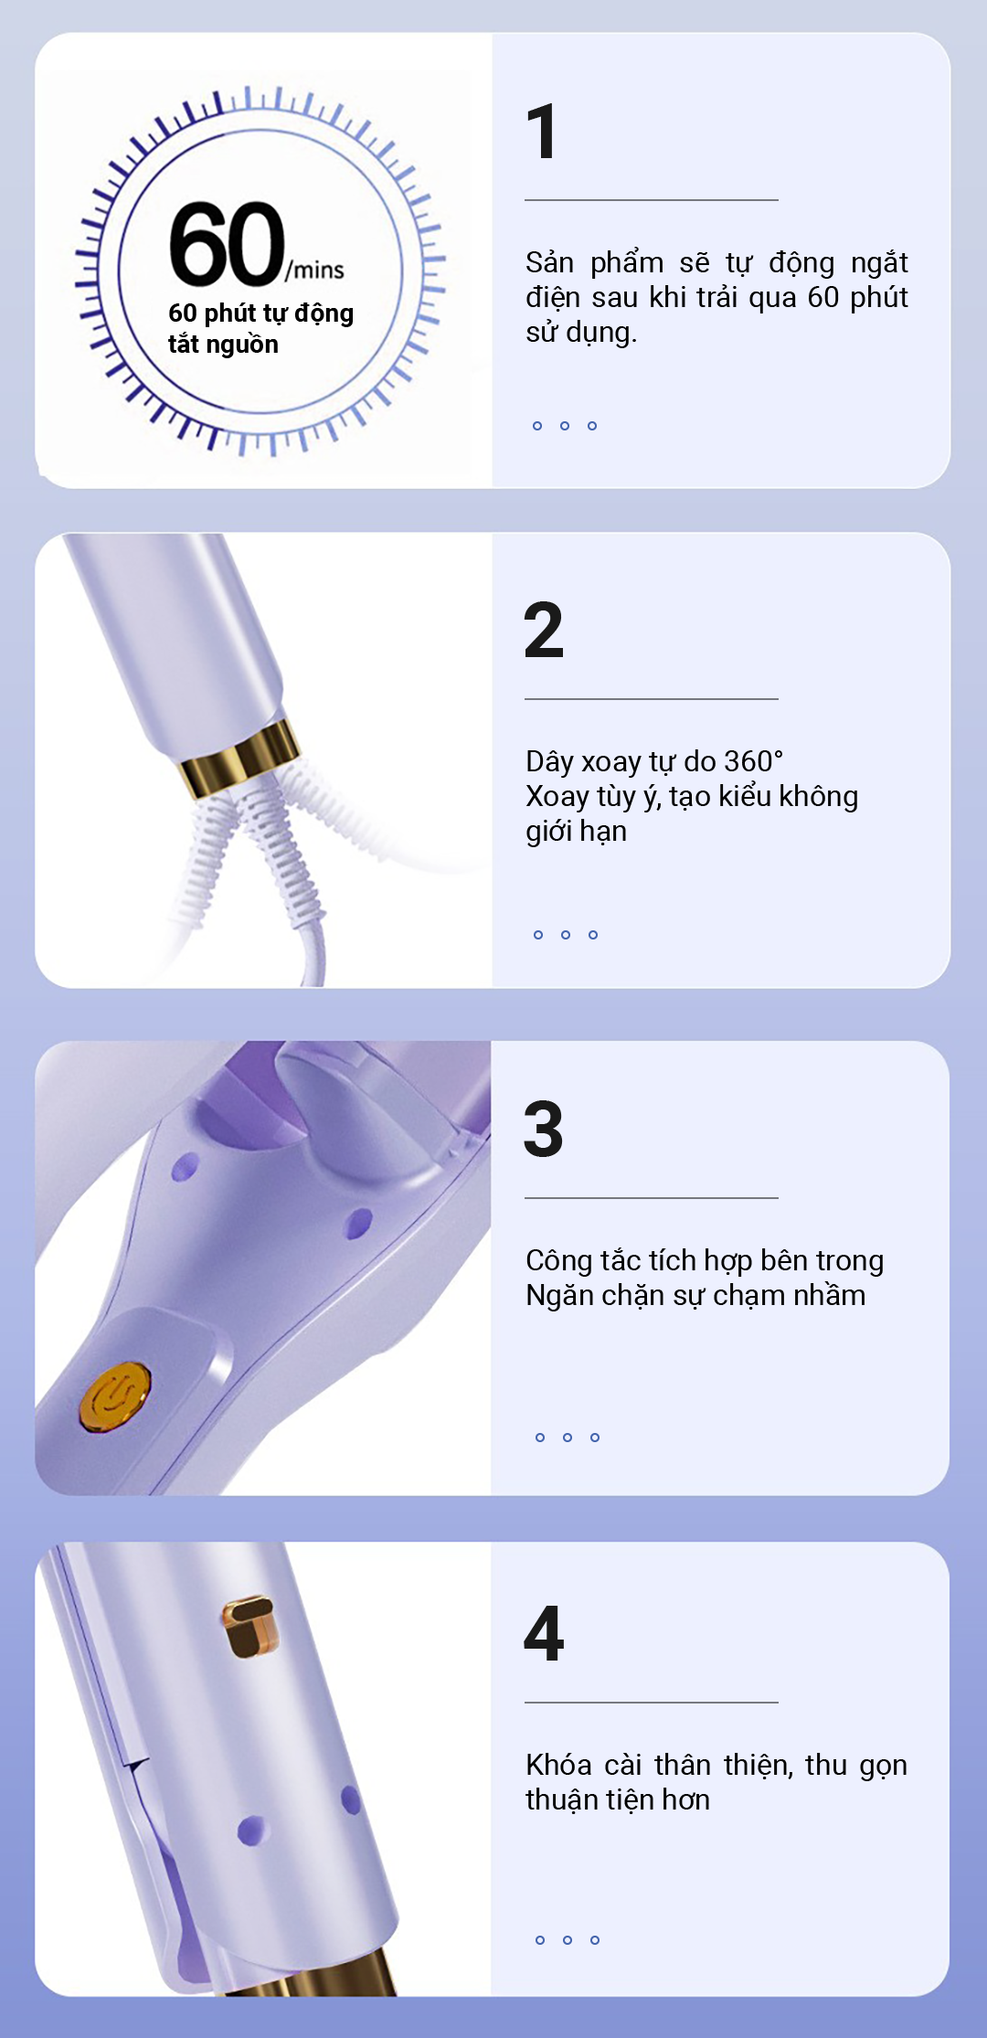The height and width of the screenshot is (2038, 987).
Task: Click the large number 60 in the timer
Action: (x=228, y=243)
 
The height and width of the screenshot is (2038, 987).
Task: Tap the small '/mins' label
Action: (x=315, y=270)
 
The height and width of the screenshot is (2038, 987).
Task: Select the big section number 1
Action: (x=542, y=131)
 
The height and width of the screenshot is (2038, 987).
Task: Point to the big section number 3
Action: (x=544, y=1129)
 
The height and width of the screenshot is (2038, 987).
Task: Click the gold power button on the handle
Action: (x=114, y=1396)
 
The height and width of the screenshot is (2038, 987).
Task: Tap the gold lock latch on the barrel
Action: (x=249, y=1627)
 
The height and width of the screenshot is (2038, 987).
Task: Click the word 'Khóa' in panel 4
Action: (x=558, y=1765)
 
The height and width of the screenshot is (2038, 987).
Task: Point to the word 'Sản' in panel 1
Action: (x=549, y=262)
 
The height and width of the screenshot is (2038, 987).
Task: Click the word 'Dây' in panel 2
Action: (x=549, y=762)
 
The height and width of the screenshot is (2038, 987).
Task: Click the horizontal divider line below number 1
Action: (x=652, y=199)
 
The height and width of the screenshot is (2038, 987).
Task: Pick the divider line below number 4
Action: (x=652, y=1702)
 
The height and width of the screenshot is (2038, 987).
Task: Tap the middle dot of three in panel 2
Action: (x=566, y=934)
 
